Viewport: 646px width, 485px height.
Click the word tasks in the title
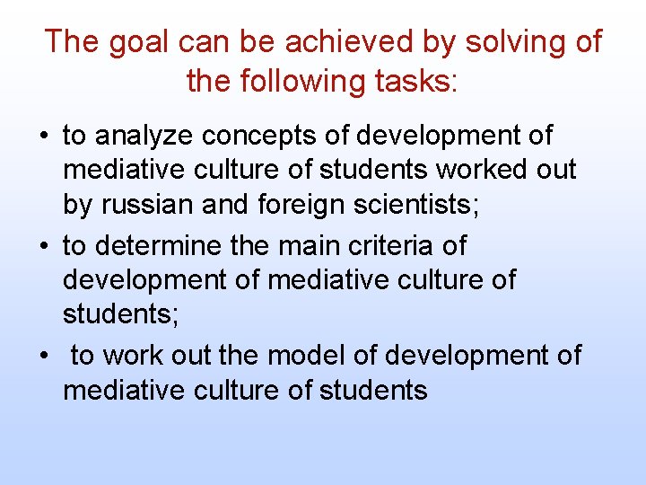pos(418,81)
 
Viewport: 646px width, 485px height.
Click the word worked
pos(476,171)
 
